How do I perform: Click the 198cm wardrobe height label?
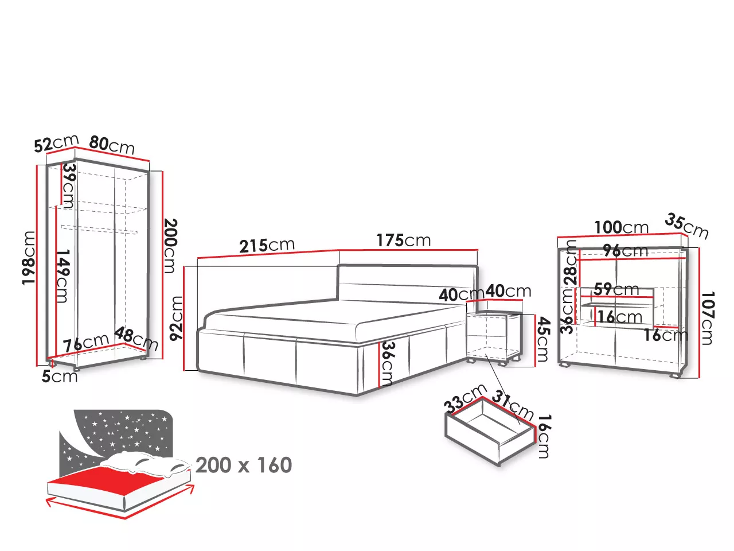29,258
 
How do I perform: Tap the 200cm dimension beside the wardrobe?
170,246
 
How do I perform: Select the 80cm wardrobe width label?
112,145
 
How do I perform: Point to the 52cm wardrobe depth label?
56,143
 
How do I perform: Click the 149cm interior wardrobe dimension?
63,276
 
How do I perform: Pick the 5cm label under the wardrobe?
60,377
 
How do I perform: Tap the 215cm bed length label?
267,245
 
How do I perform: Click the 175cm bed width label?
404,240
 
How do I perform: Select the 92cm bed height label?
176,318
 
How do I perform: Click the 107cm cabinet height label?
707,318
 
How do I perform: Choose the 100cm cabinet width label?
621,227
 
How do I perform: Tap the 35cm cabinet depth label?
686,227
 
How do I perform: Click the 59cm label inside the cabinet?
616,289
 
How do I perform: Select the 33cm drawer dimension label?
465,398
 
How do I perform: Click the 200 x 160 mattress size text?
244,465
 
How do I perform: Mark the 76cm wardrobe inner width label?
86,343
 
